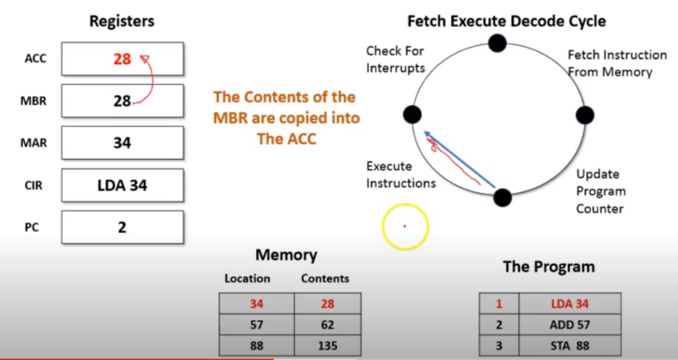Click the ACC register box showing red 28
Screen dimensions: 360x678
point(122,59)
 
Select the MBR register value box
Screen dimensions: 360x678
point(122,101)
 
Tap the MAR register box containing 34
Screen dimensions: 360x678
point(122,142)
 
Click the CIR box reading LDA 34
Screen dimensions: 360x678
point(122,184)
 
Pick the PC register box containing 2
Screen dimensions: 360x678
point(122,227)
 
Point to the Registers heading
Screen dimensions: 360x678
point(122,20)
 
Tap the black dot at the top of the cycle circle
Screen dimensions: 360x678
point(498,42)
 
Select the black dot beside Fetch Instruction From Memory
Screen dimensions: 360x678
point(584,115)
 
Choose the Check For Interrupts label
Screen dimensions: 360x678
point(395,58)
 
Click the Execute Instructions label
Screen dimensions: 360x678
point(401,175)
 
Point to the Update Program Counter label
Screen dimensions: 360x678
point(600,191)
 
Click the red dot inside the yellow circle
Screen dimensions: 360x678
point(404,226)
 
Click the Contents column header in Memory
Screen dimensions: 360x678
point(325,278)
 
